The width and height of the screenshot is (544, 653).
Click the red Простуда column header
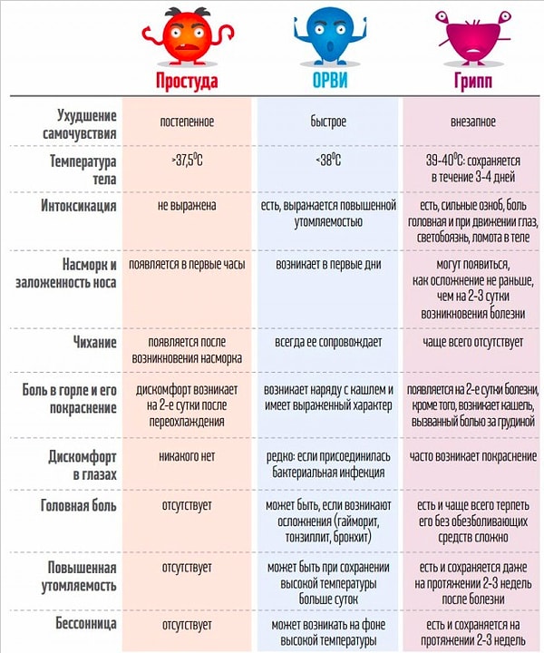[187, 79]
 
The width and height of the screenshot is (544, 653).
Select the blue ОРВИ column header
[327, 79]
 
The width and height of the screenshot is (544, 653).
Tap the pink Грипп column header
[472, 79]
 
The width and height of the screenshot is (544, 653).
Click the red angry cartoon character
[187, 34]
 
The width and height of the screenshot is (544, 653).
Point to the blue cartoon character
[327, 34]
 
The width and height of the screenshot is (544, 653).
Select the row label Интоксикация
[79, 206]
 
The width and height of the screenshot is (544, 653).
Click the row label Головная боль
[78, 505]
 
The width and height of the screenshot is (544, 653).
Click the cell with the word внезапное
[472, 120]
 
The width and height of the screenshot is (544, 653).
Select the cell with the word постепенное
[187, 120]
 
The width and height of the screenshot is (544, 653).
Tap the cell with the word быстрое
[327, 120]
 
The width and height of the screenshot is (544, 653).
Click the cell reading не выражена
[187, 206]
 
